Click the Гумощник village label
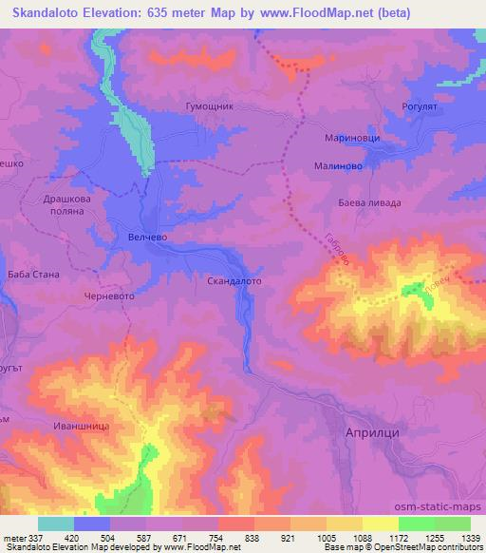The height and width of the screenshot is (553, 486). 211,109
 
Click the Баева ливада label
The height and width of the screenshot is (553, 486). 370,202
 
